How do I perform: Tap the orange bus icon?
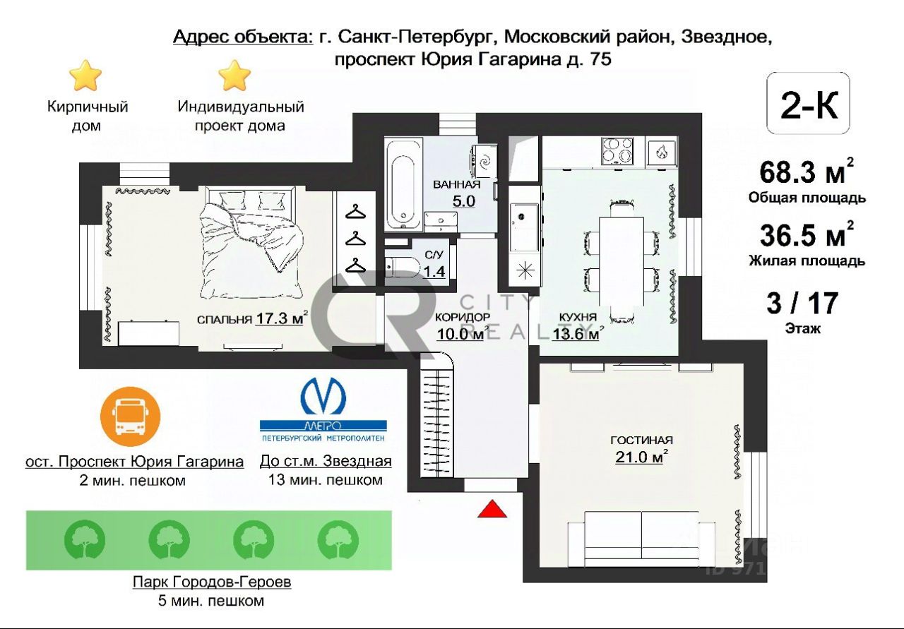click(131, 417)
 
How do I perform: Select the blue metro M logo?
click(323, 394)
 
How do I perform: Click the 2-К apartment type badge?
click(808, 103)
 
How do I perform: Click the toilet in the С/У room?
click(401, 268)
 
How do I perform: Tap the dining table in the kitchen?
click(621, 261)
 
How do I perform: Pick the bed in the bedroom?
click(252, 242)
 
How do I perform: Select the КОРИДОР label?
click(462, 317)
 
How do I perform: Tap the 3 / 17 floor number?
click(803, 304)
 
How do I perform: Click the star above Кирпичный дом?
click(85, 76)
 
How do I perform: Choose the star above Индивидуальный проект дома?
click(234, 76)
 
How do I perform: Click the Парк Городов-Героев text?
click(212, 582)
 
